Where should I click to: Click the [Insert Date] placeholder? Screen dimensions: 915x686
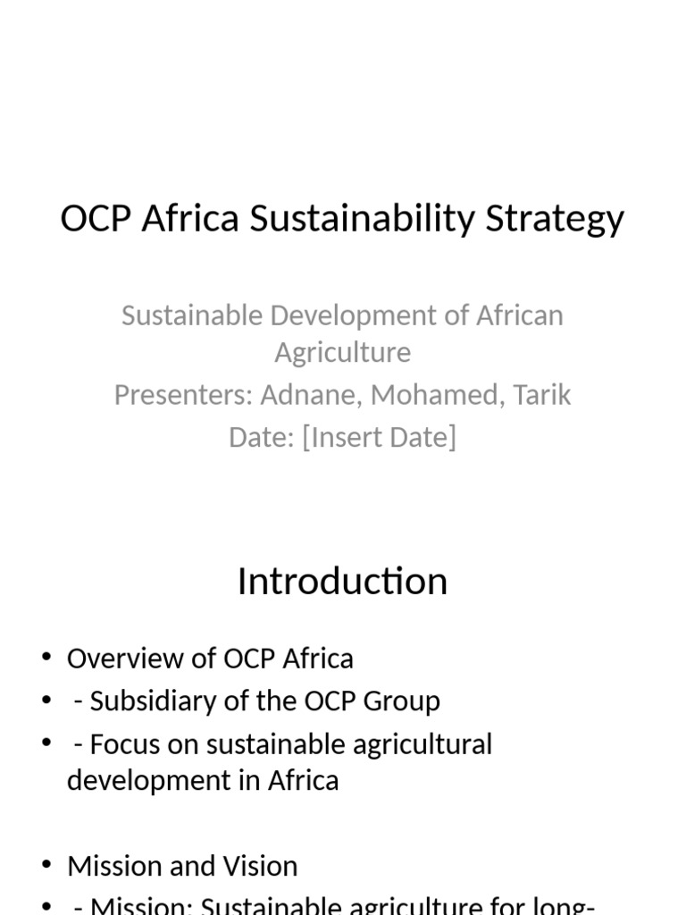(x=379, y=437)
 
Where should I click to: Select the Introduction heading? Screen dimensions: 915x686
(x=342, y=582)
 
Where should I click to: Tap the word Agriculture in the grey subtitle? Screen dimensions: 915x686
(x=342, y=352)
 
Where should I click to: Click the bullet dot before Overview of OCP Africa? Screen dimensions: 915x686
(x=46, y=659)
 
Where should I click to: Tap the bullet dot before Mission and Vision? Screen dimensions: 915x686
(x=46, y=866)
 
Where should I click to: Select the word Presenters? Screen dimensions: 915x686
(x=182, y=395)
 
